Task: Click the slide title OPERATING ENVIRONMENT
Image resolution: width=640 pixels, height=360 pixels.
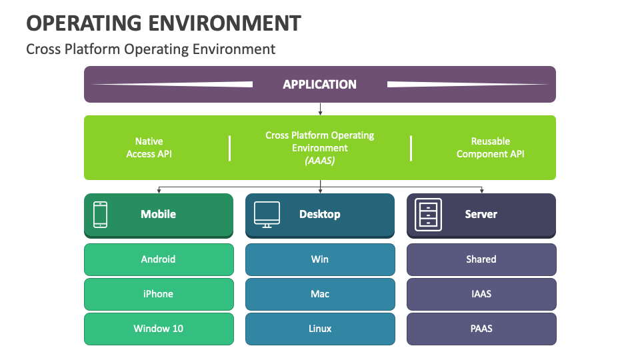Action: (x=163, y=23)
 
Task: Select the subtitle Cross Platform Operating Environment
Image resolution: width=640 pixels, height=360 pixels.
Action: (x=150, y=49)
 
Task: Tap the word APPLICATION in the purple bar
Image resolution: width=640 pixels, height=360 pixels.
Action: (x=319, y=84)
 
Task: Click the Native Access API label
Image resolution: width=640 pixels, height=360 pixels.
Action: (x=149, y=147)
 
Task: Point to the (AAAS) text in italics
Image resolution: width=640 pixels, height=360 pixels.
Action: (x=319, y=161)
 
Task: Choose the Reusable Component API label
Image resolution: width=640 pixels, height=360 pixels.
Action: (x=490, y=147)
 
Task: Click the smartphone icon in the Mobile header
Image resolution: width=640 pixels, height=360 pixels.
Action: (x=100, y=215)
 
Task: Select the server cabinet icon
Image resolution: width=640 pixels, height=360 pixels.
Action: (x=428, y=215)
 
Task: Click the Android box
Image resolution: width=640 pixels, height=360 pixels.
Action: (x=159, y=259)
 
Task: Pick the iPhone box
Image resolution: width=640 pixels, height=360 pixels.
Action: (x=159, y=294)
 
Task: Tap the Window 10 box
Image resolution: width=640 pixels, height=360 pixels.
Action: (x=159, y=329)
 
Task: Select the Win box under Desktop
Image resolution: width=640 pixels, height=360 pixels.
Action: (x=320, y=259)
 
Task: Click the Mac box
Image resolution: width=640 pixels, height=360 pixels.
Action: (x=320, y=294)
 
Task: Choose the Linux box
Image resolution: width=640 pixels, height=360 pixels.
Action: (x=320, y=329)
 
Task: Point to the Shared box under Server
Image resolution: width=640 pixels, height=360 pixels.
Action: (x=481, y=259)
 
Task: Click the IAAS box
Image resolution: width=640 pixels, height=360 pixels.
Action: (x=481, y=294)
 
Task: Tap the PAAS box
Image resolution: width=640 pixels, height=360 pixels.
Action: (x=481, y=329)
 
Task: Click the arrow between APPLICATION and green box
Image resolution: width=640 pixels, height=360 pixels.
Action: (x=320, y=109)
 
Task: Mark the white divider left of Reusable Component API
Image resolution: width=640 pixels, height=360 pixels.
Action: (x=411, y=148)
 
